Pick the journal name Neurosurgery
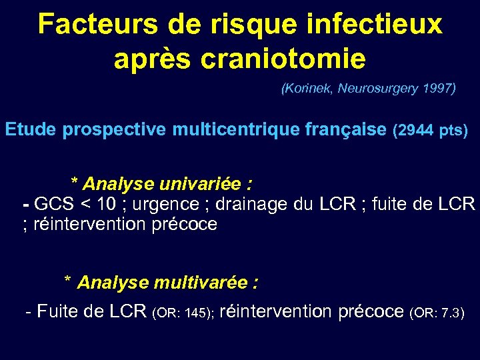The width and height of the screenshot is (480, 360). tap(378, 88)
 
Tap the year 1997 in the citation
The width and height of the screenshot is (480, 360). tap(438, 88)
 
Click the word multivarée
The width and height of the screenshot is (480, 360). tap(200, 283)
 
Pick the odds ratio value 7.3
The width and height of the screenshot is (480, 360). tap(451, 312)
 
